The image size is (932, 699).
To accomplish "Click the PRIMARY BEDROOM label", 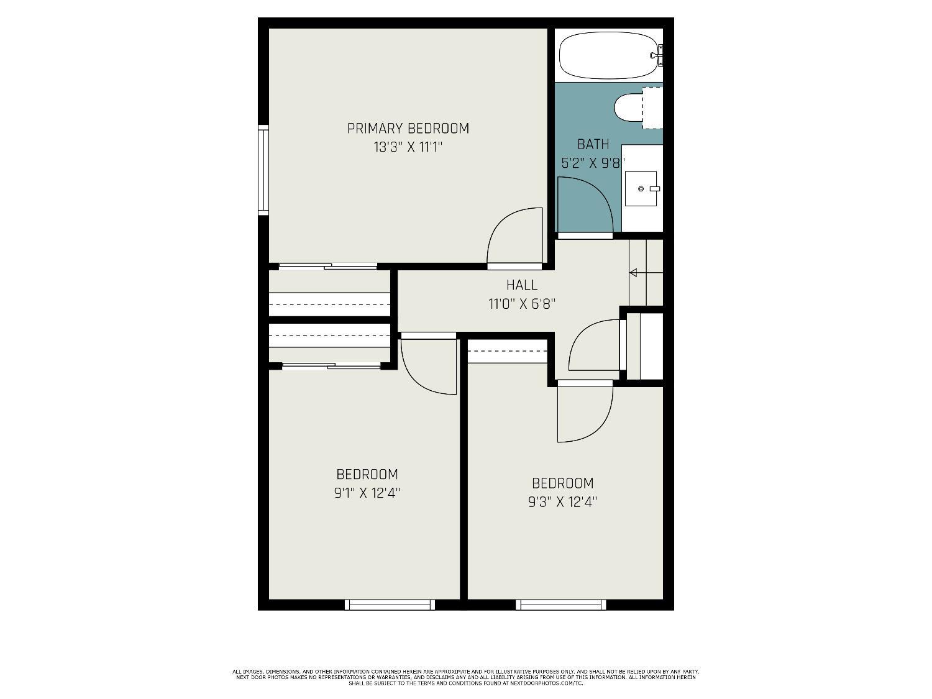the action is coord(408,128).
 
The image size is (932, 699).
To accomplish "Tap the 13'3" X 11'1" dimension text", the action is coord(408,147).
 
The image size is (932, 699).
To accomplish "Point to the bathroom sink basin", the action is coord(641,188).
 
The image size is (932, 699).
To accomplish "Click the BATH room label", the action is coord(593,144).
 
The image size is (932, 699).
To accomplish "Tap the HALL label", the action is coord(522,285).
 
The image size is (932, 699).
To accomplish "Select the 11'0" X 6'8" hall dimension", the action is coord(522,304).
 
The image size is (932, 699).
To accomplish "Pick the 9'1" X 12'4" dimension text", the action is coord(367,493).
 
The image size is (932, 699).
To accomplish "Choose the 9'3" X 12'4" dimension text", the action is coord(562,502).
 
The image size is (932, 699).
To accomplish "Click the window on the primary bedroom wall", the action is coord(263,170).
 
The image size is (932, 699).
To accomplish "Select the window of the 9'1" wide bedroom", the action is coord(390,605).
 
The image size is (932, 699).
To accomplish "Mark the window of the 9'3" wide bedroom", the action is coord(561,605).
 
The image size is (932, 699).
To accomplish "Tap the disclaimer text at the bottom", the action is coord(466,677).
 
